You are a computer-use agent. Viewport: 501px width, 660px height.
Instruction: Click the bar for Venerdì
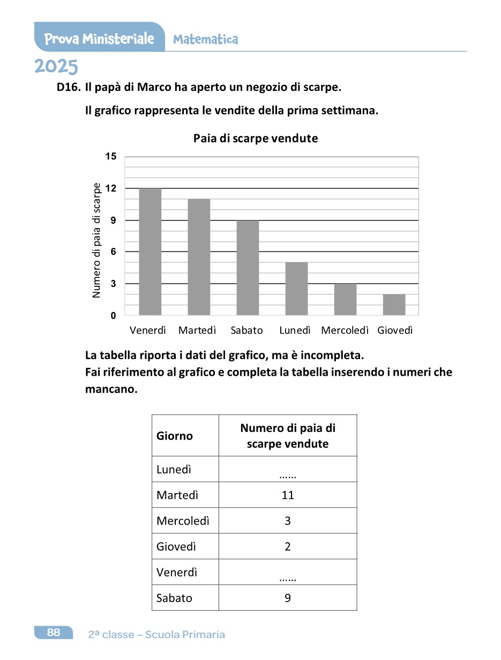pyautogui.click(x=150, y=252)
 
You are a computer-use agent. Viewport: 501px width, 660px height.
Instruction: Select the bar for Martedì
pyautogui.click(x=199, y=257)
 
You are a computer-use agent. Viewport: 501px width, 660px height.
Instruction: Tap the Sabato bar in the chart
pyautogui.click(x=248, y=268)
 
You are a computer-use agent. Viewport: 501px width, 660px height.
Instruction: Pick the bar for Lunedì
pyautogui.click(x=296, y=289)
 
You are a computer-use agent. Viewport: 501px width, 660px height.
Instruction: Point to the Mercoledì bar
pyautogui.click(x=345, y=299)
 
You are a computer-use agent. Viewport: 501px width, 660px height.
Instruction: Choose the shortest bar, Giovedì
pyautogui.click(x=394, y=305)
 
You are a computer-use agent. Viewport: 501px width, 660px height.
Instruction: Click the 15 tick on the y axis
pyautogui.click(x=110, y=157)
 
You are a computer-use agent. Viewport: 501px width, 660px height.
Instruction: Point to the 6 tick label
pyautogui.click(x=113, y=252)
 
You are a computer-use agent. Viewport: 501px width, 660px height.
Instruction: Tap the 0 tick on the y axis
pyautogui.click(x=113, y=316)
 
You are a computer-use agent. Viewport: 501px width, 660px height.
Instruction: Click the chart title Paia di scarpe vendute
pyautogui.click(x=256, y=139)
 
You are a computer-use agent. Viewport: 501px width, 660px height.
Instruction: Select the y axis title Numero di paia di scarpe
pyautogui.click(x=96, y=241)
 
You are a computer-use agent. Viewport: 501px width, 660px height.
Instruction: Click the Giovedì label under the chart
pyautogui.click(x=395, y=330)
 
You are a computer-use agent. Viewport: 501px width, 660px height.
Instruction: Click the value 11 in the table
pyautogui.click(x=288, y=495)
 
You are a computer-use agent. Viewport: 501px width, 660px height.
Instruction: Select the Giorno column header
pyautogui.click(x=175, y=436)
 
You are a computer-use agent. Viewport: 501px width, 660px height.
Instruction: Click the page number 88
pyautogui.click(x=54, y=632)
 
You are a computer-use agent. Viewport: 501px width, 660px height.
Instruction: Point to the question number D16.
pyautogui.click(x=69, y=86)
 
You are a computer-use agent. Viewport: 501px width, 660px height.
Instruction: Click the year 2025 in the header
pyautogui.click(x=56, y=67)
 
